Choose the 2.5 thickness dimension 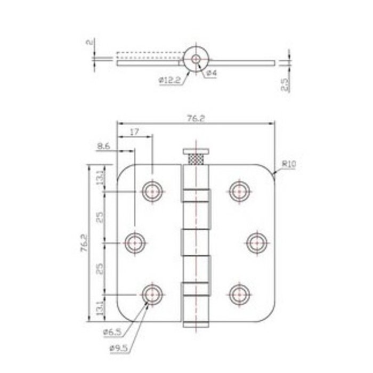286,85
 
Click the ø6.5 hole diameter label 112,332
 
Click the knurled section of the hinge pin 197,159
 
